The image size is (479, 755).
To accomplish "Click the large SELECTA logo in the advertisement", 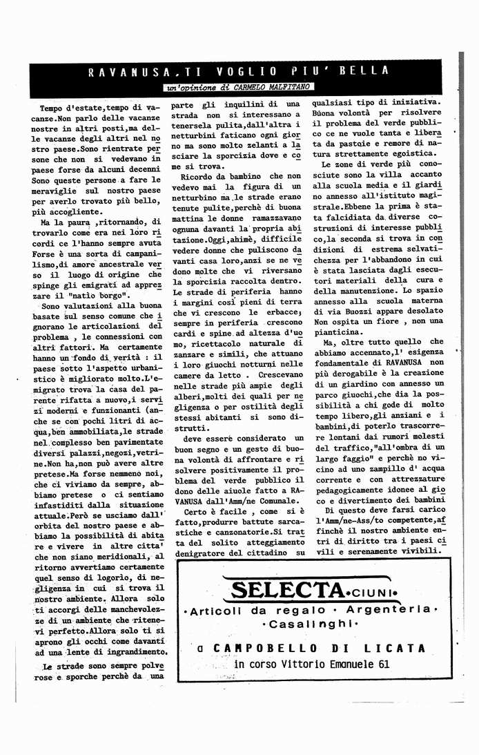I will click(x=287, y=591).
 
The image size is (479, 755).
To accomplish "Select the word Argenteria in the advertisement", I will click(x=390, y=611).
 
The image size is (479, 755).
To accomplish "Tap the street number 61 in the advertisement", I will click(x=383, y=665).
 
